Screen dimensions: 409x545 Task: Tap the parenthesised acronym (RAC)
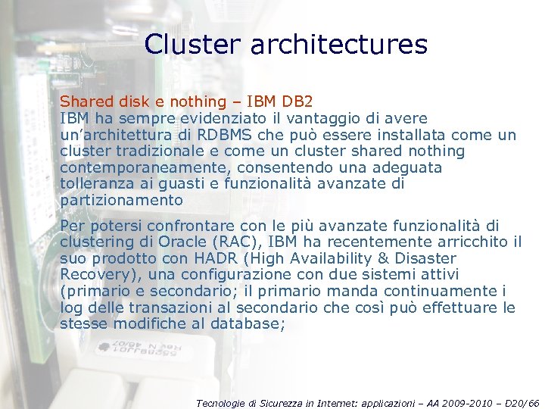point(240,242)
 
